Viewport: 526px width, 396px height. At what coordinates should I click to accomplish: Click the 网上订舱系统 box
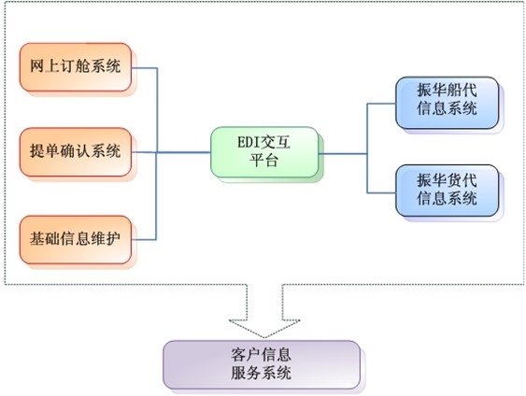[76, 67]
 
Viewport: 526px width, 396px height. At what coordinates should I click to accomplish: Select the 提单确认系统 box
[76, 152]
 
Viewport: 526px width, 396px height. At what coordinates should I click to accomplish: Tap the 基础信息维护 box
[76, 240]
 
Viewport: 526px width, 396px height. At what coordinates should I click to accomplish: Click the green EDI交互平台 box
[264, 152]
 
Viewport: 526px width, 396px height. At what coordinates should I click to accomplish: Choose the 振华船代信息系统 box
[448, 103]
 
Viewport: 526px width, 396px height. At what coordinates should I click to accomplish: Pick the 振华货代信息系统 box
[448, 191]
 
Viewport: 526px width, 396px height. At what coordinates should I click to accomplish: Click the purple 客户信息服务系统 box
[262, 365]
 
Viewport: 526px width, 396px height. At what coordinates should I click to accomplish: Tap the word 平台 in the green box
[264, 161]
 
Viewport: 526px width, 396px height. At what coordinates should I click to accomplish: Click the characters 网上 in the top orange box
[45, 66]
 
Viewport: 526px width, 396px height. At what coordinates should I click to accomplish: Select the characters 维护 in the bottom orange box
[106, 239]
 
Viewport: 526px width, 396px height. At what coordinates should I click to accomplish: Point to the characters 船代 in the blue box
[462, 90]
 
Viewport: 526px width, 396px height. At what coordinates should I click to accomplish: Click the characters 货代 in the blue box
[462, 180]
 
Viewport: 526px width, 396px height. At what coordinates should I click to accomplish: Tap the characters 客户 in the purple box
[247, 355]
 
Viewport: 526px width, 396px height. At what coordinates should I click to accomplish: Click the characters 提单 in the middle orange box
[45, 151]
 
